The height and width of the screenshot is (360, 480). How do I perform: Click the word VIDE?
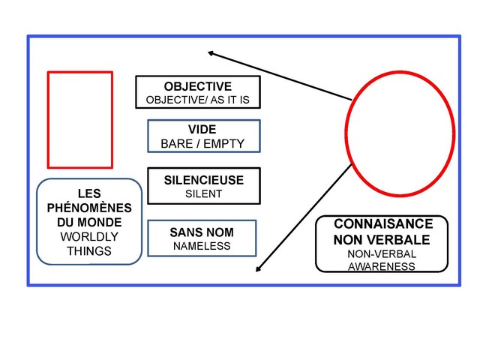[x=202, y=130]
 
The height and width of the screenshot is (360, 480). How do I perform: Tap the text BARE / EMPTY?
[x=202, y=143]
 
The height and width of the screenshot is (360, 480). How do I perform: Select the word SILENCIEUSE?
[x=203, y=181]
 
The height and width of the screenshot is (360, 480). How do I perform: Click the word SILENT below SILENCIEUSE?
[x=203, y=194]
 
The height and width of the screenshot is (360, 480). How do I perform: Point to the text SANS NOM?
[x=202, y=233]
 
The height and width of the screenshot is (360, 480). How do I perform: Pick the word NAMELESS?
[x=202, y=246]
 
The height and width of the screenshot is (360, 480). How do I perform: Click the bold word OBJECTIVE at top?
[x=198, y=86]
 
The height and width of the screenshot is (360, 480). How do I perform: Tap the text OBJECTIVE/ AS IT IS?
[x=198, y=100]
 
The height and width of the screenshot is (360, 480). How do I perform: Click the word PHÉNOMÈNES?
[x=89, y=208]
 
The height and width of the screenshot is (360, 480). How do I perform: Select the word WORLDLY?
[x=89, y=237]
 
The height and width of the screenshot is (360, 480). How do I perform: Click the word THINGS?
[x=89, y=251]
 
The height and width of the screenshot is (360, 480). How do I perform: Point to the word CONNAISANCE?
[x=383, y=224]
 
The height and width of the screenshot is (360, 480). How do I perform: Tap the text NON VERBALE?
[x=382, y=240]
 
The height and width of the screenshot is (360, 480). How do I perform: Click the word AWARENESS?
[x=382, y=266]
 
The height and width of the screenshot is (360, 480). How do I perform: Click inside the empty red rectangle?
[x=79, y=119]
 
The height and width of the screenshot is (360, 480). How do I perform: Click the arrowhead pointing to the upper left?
[x=211, y=52]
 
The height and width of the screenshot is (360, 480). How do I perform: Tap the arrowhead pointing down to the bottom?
[x=259, y=270]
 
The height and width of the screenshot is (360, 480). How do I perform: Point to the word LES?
[x=89, y=193]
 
